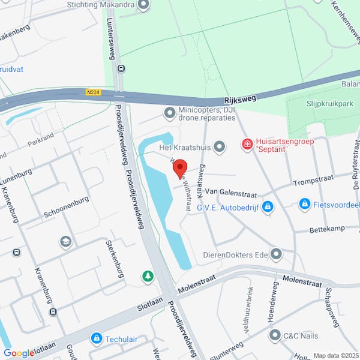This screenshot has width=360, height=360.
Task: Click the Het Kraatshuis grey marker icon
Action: click(x=220, y=146)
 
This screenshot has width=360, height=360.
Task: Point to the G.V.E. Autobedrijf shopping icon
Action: click(x=268, y=207)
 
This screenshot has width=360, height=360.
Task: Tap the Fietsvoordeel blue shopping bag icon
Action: click(x=305, y=205)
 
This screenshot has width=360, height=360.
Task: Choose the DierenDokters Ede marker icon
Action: click(x=276, y=254)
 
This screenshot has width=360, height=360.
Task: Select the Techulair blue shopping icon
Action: click(x=96, y=339)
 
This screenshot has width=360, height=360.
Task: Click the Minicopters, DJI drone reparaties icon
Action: click(x=170, y=113)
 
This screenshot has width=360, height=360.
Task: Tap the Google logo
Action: click(x=18, y=353)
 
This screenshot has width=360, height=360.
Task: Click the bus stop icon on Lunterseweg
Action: click(x=121, y=68)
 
